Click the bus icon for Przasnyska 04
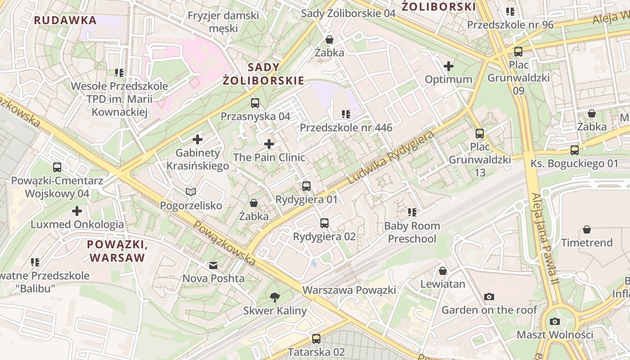(x=255, y=103)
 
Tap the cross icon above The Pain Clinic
(x=269, y=144)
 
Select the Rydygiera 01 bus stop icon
(x=306, y=186)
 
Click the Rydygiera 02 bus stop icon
(x=324, y=223)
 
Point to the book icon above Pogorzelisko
(x=191, y=192)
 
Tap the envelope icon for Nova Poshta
(x=213, y=265)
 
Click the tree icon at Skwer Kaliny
(x=274, y=297)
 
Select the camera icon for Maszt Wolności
(x=554, y=321)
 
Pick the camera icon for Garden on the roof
(x=489, y=297)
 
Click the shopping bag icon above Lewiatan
(x=443, y=271)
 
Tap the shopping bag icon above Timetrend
(x=586, y=229)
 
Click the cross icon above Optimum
(x=448, y=66)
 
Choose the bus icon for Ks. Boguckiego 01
(x=574, y=150)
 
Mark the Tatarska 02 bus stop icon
(x=316, y=338)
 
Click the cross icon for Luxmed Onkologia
(x=77, y=211)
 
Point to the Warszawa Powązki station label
(x=349, y=290)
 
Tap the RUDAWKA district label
(x=65, y=20)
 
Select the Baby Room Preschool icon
(x=412, y=212)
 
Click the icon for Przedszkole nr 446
(x=346, y=114)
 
